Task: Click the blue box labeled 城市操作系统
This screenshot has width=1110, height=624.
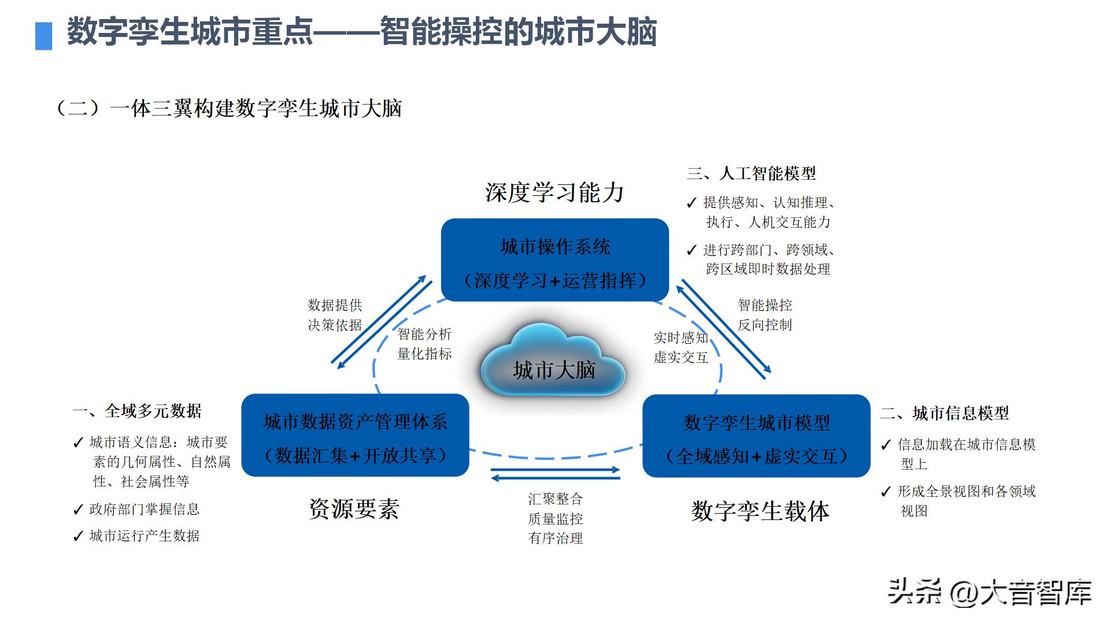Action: [554, 260]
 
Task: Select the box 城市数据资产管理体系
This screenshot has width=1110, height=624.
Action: [355, 436]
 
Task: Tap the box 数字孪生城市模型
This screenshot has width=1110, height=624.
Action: [756, 436]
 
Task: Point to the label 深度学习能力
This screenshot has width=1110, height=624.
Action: [554, 193]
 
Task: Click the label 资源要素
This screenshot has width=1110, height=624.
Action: [354, 509]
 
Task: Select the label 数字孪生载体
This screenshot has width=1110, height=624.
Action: [760, 511]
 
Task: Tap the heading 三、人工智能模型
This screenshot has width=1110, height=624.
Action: [752, 173]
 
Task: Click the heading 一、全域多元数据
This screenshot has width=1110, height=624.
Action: [137, 411]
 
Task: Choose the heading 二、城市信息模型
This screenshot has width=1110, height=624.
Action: [945, 413]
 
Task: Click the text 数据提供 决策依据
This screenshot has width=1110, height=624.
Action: [335, 315]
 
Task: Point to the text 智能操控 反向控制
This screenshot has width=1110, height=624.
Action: [764, 315]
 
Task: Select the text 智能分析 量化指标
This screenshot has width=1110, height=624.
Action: [424, 344]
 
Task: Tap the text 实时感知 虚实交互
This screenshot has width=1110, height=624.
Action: [680, 347]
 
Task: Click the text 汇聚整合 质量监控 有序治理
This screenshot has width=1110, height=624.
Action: [555, 518]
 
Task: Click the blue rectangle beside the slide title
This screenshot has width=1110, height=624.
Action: [44, 36]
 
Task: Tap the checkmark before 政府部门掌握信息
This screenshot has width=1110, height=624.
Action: [79, 510]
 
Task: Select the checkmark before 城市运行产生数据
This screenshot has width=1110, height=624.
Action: [79, 537]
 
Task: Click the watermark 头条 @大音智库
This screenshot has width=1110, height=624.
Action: [989, 592]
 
